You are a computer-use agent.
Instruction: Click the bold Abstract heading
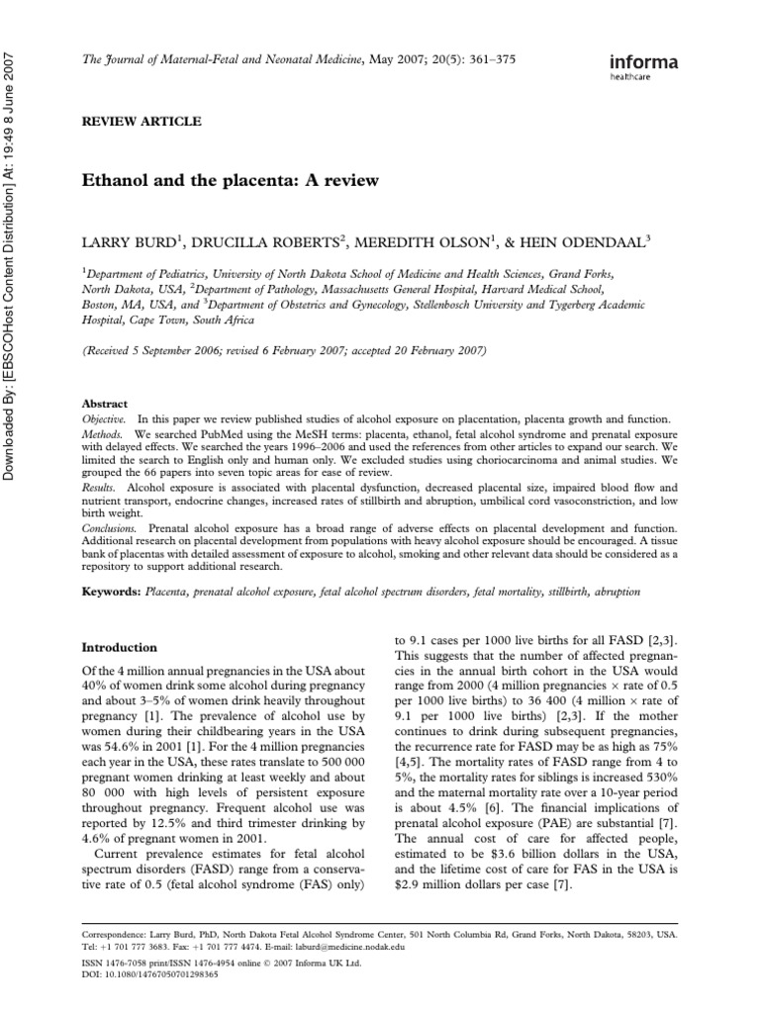pos(104,405)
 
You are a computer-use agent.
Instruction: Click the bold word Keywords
pos(111,591)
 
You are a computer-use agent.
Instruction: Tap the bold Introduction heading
pos(119,647)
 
